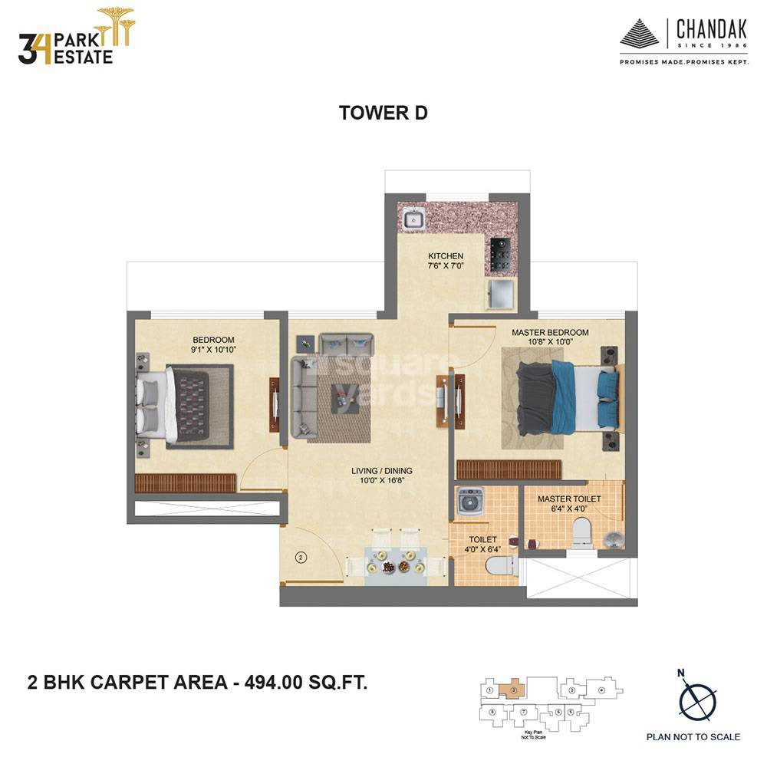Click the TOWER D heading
tap(383, 113)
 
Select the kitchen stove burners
tap(499, 254)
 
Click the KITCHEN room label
tap(446, 256)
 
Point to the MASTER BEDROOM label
tap(550, 332)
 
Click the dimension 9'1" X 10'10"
tap(213, 350)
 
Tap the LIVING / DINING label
tap(382, 471)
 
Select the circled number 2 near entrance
tap(301, 558)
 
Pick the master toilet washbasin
tap(614, 538)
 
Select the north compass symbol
tap(697, 700)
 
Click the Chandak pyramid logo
tap(640, 35)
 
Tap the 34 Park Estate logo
tap(75, 38)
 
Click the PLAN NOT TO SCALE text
tap(693, 737)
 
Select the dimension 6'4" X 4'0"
tap(569, 509)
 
